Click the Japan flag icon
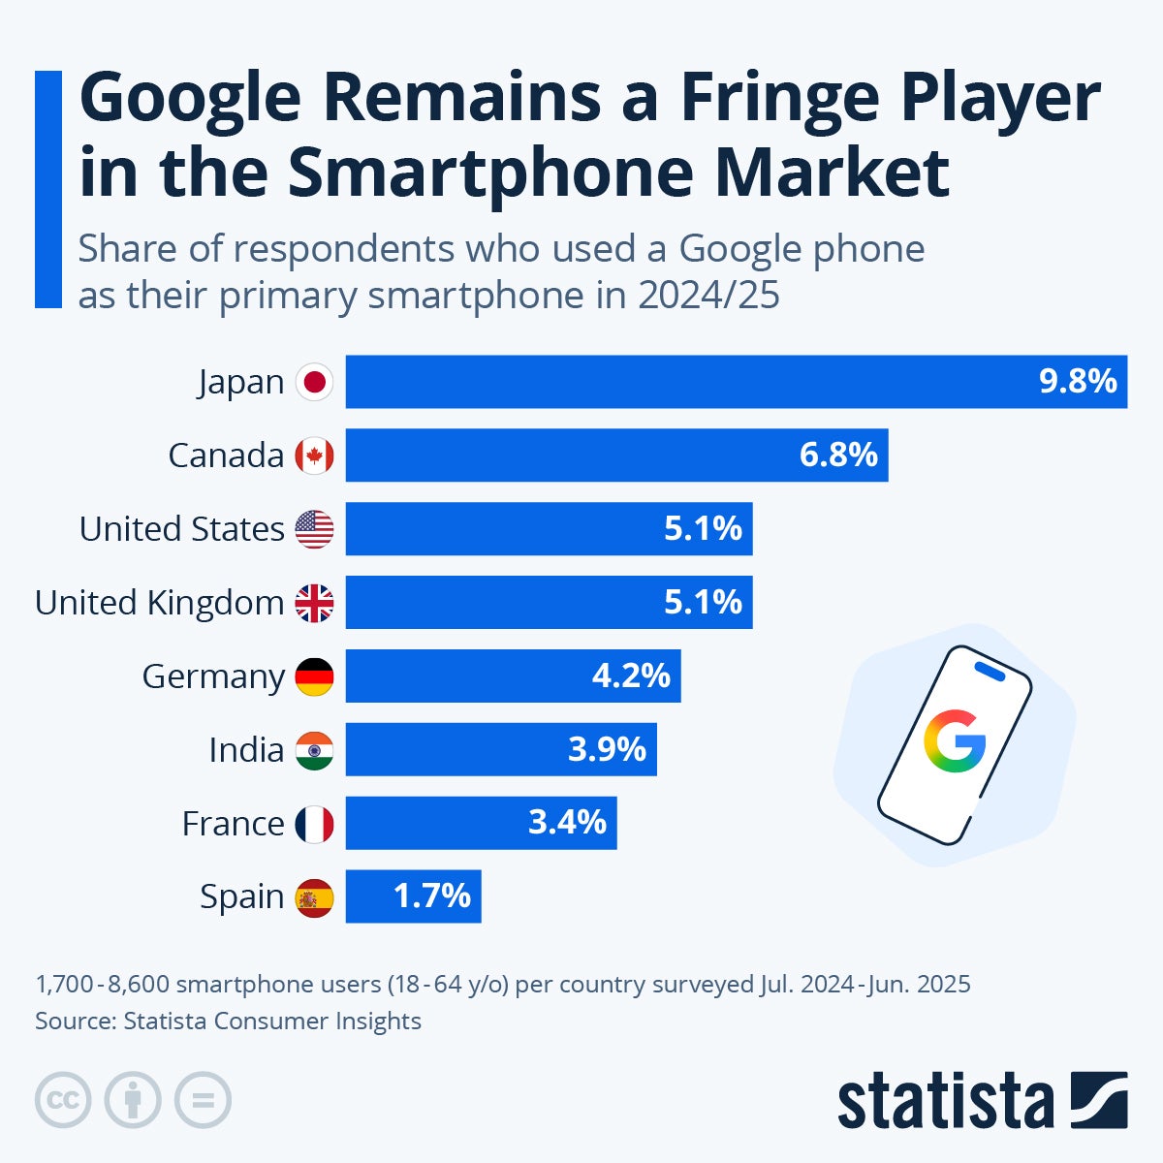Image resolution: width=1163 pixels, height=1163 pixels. click(314, 382)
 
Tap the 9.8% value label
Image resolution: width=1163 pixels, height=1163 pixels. click(1078, 382)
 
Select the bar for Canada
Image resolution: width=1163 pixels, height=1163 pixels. click(616, 456)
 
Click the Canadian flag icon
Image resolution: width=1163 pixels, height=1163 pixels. click(314, 456)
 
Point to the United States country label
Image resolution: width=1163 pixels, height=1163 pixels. click(181, 529)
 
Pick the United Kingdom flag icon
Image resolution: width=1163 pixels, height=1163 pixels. click(314, 603)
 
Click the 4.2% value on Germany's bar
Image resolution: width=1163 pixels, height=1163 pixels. click(631, 676)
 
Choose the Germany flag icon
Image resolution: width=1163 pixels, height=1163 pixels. click(314, 676)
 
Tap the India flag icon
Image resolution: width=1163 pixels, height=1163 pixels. click(314, 750)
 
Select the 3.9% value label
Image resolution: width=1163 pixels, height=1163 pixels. click(607, 749)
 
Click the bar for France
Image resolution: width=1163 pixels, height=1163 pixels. click(481, 823)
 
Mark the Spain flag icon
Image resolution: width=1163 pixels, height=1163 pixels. click(314, 897)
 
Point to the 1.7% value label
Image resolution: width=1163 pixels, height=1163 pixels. click(432, 896)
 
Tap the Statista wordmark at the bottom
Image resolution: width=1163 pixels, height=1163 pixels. click(945, 1102)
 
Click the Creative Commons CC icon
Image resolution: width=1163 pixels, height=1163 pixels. click(63, 1100)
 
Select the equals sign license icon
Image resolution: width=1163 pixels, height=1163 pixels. click(203, 1100)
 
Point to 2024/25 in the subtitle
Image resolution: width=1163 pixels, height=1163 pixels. click(708, 296)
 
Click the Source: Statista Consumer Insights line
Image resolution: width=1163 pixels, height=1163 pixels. click(228, 1021)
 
